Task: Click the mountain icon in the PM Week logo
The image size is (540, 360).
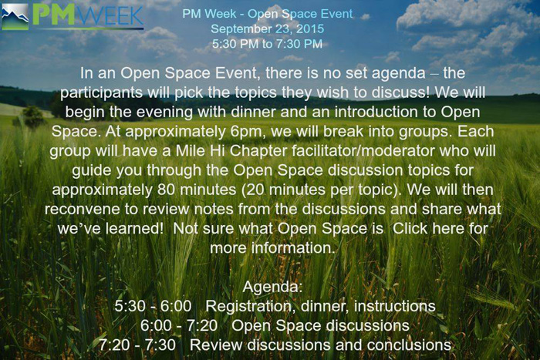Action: click(15, 15)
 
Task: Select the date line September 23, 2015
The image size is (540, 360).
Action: click(268, 29)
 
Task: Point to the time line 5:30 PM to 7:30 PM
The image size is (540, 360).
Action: click(268, 43)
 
